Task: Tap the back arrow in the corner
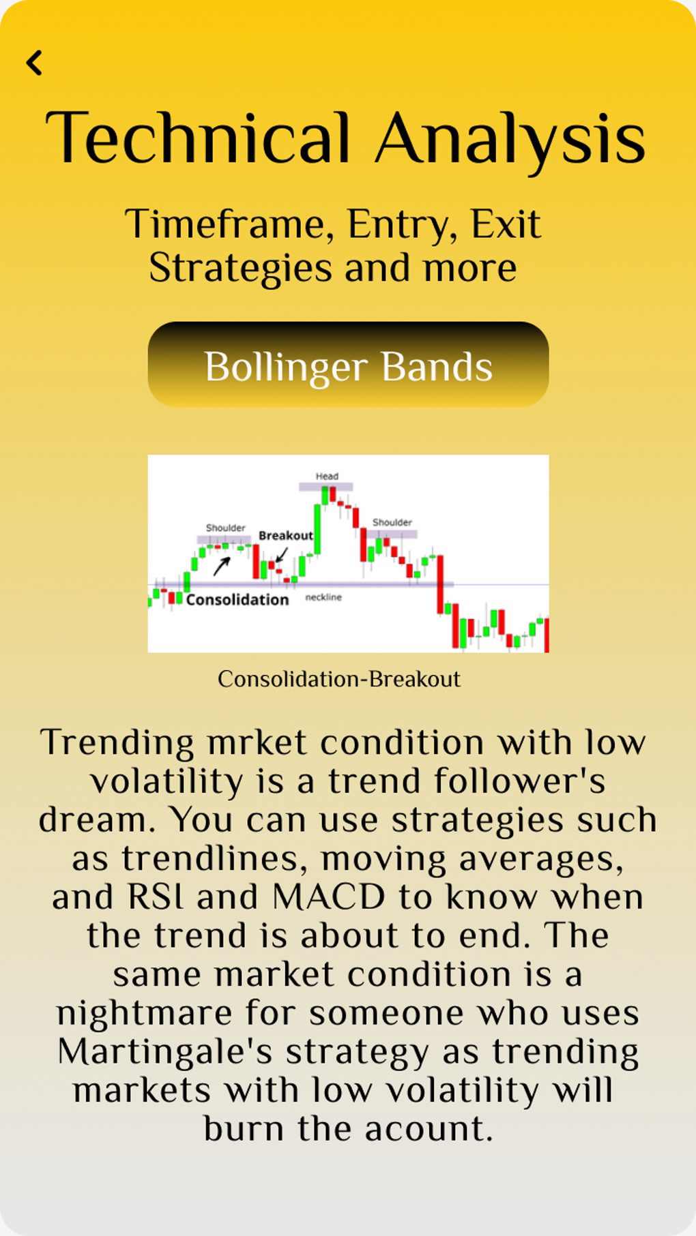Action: point(34,63)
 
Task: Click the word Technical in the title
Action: point(198,138)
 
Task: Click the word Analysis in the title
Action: point(510,140)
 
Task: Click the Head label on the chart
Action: point(327,476)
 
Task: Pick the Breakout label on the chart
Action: point(285,536)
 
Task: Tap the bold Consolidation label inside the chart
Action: point(237,600)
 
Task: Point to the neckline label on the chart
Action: point(323,597)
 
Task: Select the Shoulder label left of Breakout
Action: point(225,528)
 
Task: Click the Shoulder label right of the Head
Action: point(392,522)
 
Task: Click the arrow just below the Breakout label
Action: point(281,555)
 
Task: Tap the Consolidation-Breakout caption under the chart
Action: point(339,679)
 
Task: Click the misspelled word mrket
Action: point(257,742)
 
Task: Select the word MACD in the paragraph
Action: point(329,897)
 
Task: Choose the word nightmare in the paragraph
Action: point(145,1014)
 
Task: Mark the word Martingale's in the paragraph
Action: point(165,1052)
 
